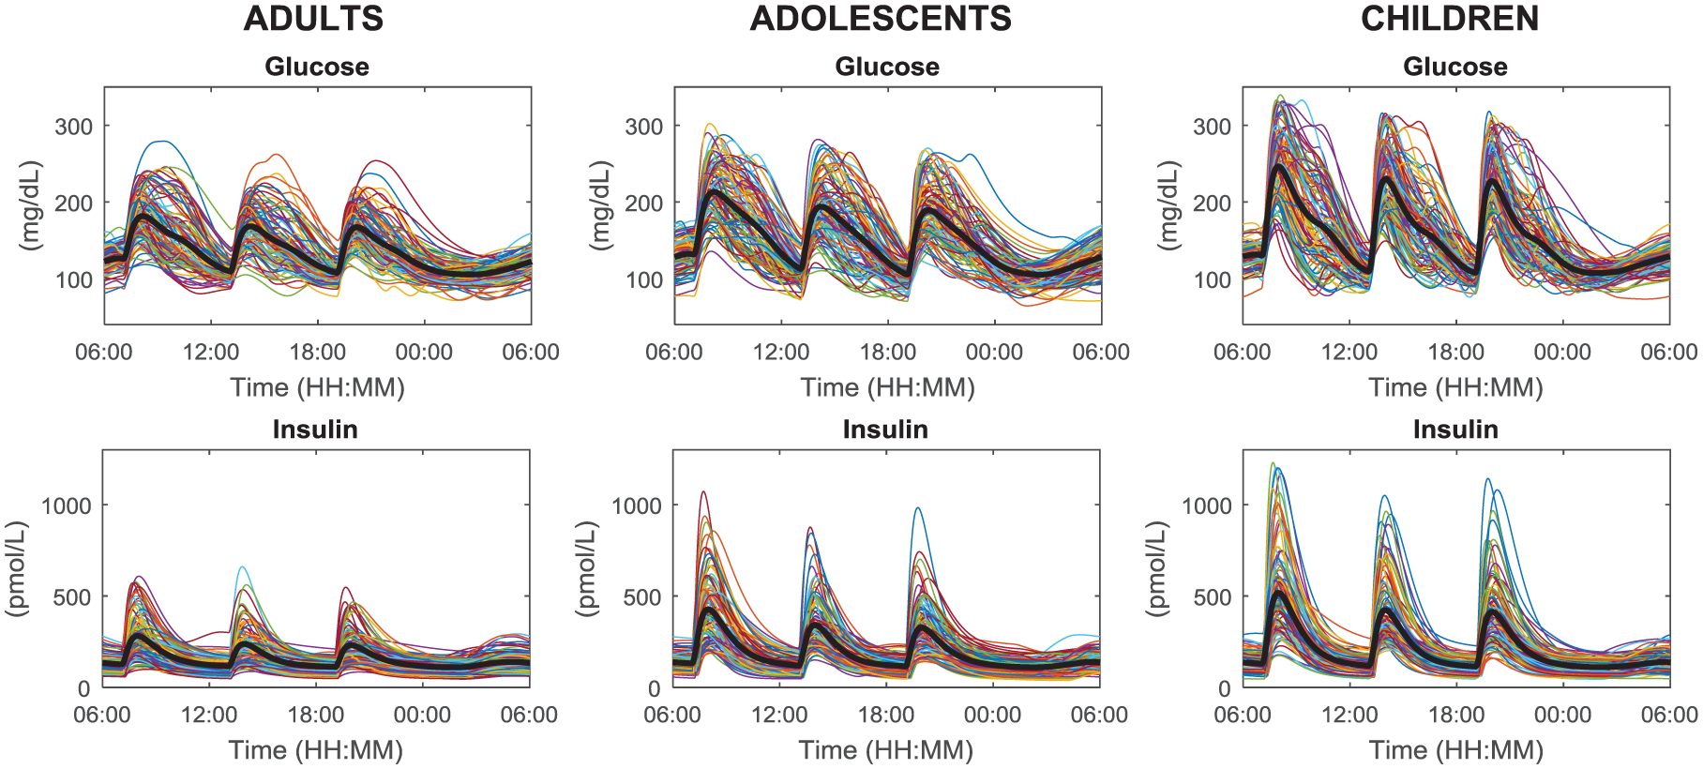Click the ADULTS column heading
pos(313,19)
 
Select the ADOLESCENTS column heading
pos(881,19)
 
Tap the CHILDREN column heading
pos(1450,19)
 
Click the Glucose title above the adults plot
pos(317,67)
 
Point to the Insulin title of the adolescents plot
pos(885,430)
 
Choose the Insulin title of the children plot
pos(1455,430)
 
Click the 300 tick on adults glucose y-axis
pos(74,127)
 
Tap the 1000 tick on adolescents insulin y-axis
pos(637,505)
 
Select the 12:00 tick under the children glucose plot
pos(1349,353)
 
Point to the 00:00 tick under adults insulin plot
pos(422,716)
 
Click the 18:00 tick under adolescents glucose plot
pos(887,353)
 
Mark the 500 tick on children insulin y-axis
pos(1212,597)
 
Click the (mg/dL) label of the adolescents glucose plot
pos(601,205)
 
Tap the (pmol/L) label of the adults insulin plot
pos(18,568)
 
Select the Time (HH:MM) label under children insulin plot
pos(1455,750)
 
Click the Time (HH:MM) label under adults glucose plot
pos(317,387)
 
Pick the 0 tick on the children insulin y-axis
pos(1224,689)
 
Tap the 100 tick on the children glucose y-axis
pos(1212,280)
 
